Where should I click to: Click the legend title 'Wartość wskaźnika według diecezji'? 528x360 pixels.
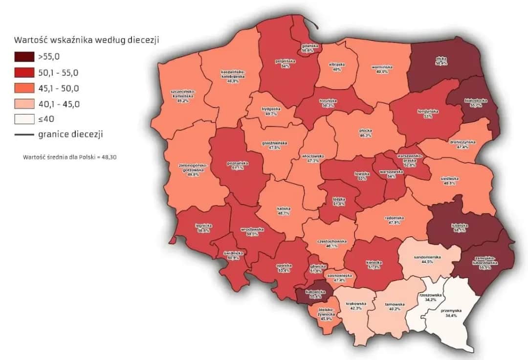[87, 40]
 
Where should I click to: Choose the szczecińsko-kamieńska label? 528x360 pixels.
[183, 94]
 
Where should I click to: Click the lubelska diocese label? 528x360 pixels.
[460, 227]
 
